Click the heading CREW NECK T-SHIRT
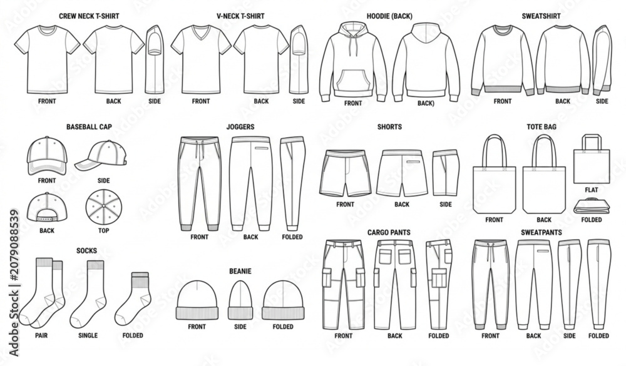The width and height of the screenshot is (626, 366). pyautogui.click(x=89, y=16)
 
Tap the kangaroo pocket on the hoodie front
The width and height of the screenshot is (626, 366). pyautogui.click(x=353, y=80)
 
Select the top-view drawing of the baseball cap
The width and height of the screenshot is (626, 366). pyautogui.click(x=103, y=206)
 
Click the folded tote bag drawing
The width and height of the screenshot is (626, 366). pyautogui.click(x=592, y=206)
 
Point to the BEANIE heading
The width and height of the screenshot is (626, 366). pyautogui.click(x=240, y=272)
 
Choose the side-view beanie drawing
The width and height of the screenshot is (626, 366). pyautogui.click(x=240, y=300)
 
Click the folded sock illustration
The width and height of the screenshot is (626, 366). pyautogui.click(x=133, y=298)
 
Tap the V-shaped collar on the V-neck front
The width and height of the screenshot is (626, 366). pyautogui.click(x=201, y=32)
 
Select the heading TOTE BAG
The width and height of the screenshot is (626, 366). pyautogui.click(x=541, y=127)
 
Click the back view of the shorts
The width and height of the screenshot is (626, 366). pyautogui.click(x=402, y=173)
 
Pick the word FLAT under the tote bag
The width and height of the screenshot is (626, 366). pyautogui.click(x=592, y=190)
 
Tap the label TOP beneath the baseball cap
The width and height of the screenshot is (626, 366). pyautogui.click(x=103, y=231)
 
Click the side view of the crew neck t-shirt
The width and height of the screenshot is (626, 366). pyautogui.click(x=155, y=59)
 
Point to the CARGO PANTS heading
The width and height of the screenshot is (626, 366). pyautogui.click(x=389, y=232)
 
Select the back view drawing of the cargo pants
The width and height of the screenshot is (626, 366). pyautogui.click(x=395, y=285)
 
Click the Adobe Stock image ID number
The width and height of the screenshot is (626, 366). pyautogui.click(x=14, y=245)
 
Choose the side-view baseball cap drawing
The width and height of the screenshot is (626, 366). pyautogui.click(x=101, y=155)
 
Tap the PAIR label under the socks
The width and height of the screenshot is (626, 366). pyautogui.click(x=41, y=336)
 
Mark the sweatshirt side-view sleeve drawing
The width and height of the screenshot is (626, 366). pyautogui.click(x=602, y=60)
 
